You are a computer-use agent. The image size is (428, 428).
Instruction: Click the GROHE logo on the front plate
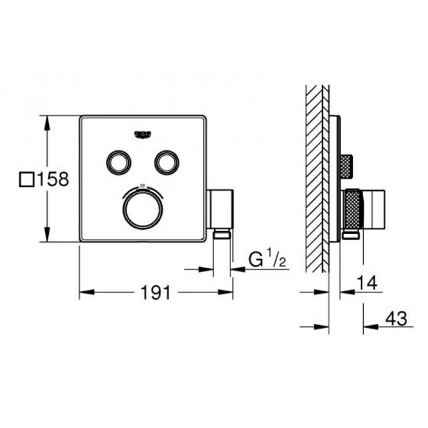pos(144,133)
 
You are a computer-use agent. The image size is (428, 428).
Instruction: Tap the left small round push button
pos(117,160)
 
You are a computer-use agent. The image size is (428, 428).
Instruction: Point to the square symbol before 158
pos(27,179)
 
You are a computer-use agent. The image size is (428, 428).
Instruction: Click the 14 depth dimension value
pos(368,284)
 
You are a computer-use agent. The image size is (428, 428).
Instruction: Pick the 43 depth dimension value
pos(396,319)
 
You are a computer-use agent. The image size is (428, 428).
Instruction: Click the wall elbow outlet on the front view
pos(221,209)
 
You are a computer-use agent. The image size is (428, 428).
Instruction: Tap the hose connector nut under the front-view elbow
pos(222,235)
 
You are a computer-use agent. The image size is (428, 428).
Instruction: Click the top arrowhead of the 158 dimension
pos(46,119)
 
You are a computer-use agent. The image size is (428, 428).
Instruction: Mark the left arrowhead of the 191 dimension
pos(84,292)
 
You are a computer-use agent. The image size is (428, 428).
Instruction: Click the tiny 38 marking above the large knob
pos(141,186)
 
